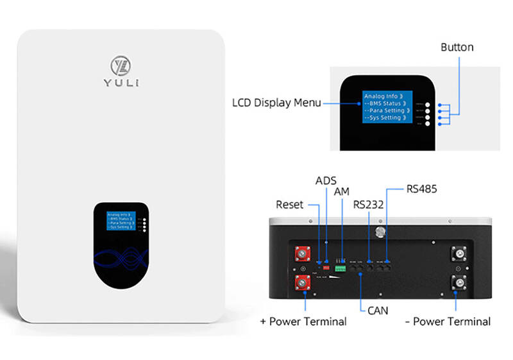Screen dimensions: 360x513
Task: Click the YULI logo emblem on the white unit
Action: coord(121,65)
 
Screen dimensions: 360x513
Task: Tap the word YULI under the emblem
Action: coord(121,83)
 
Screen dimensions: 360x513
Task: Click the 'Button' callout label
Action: coord(457,47)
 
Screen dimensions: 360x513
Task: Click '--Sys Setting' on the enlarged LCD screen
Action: coord(383,118)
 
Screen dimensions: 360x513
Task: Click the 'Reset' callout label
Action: coord(289,205)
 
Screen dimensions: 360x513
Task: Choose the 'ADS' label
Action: coord(326,182)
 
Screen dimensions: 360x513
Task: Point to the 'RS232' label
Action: coord(369,205)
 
